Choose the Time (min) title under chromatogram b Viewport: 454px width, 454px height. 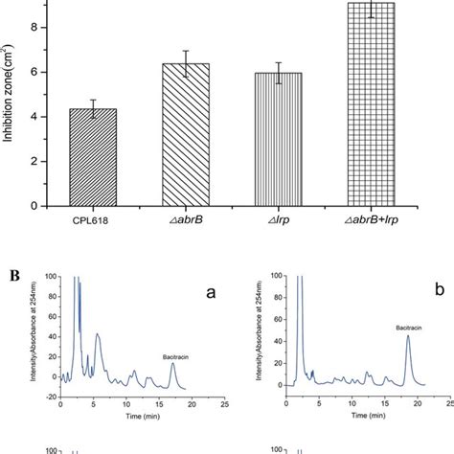click(362, 419)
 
